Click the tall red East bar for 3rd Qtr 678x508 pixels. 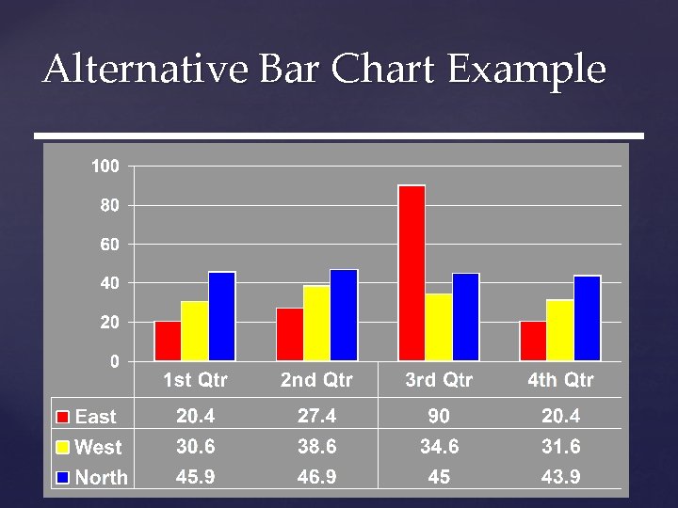[412, 273]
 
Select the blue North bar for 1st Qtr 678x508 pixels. [222, 316]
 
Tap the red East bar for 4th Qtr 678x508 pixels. [533, 341]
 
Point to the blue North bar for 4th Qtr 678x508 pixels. [588, 318]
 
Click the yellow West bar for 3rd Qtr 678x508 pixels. [439, 327]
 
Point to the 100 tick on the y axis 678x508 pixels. [105, 167]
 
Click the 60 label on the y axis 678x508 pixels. [109, 245]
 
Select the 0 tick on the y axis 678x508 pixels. [114, 361]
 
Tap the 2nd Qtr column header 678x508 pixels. [316, 380]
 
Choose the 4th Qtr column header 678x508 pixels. [560, 380]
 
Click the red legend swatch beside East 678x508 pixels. [63, 417]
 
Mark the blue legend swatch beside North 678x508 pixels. [63, 477]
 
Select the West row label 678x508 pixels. [98, 447]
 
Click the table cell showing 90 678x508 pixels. [439, 415]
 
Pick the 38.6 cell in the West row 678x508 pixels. [316, 446]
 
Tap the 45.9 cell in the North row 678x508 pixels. [195, 477]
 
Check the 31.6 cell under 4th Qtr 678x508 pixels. [560, 446]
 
